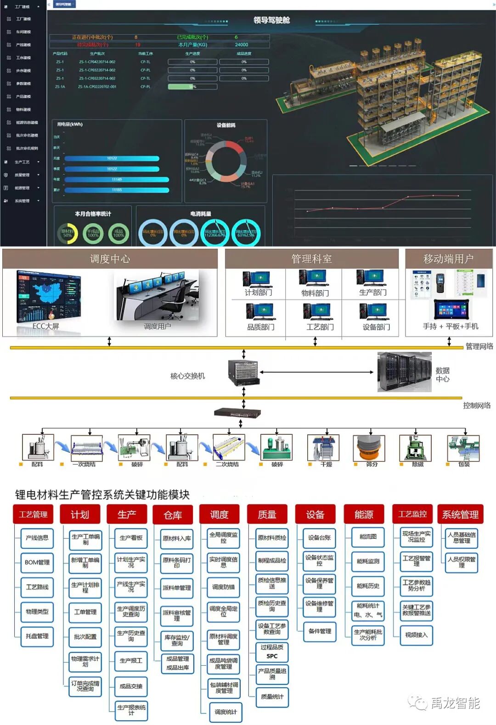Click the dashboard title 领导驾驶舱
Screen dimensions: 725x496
[271, 20]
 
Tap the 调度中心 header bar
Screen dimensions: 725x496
[110, 259]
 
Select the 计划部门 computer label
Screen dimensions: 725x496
[258, 292]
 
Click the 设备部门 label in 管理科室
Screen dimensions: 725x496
[376, 327]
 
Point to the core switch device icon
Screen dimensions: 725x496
[243, 372]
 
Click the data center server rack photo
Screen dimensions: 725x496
[404, 372]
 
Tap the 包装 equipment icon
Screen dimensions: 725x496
[463, 448]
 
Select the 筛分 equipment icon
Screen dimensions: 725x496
[369, 448]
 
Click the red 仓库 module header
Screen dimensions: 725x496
[173, 515]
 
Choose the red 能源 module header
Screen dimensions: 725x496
[364, 515]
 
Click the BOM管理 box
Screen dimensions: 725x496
[37, 562]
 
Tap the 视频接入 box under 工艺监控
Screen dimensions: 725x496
[416, 635]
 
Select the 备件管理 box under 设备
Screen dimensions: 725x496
[320, 631]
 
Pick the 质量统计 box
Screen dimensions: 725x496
[272, 697]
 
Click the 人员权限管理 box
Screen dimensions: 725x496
[462, 562]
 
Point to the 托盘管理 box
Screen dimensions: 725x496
[37, 636]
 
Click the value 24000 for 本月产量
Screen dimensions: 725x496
[242, 45]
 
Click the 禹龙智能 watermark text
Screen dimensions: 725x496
[455, 703]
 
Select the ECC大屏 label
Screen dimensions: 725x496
[45, 326]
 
